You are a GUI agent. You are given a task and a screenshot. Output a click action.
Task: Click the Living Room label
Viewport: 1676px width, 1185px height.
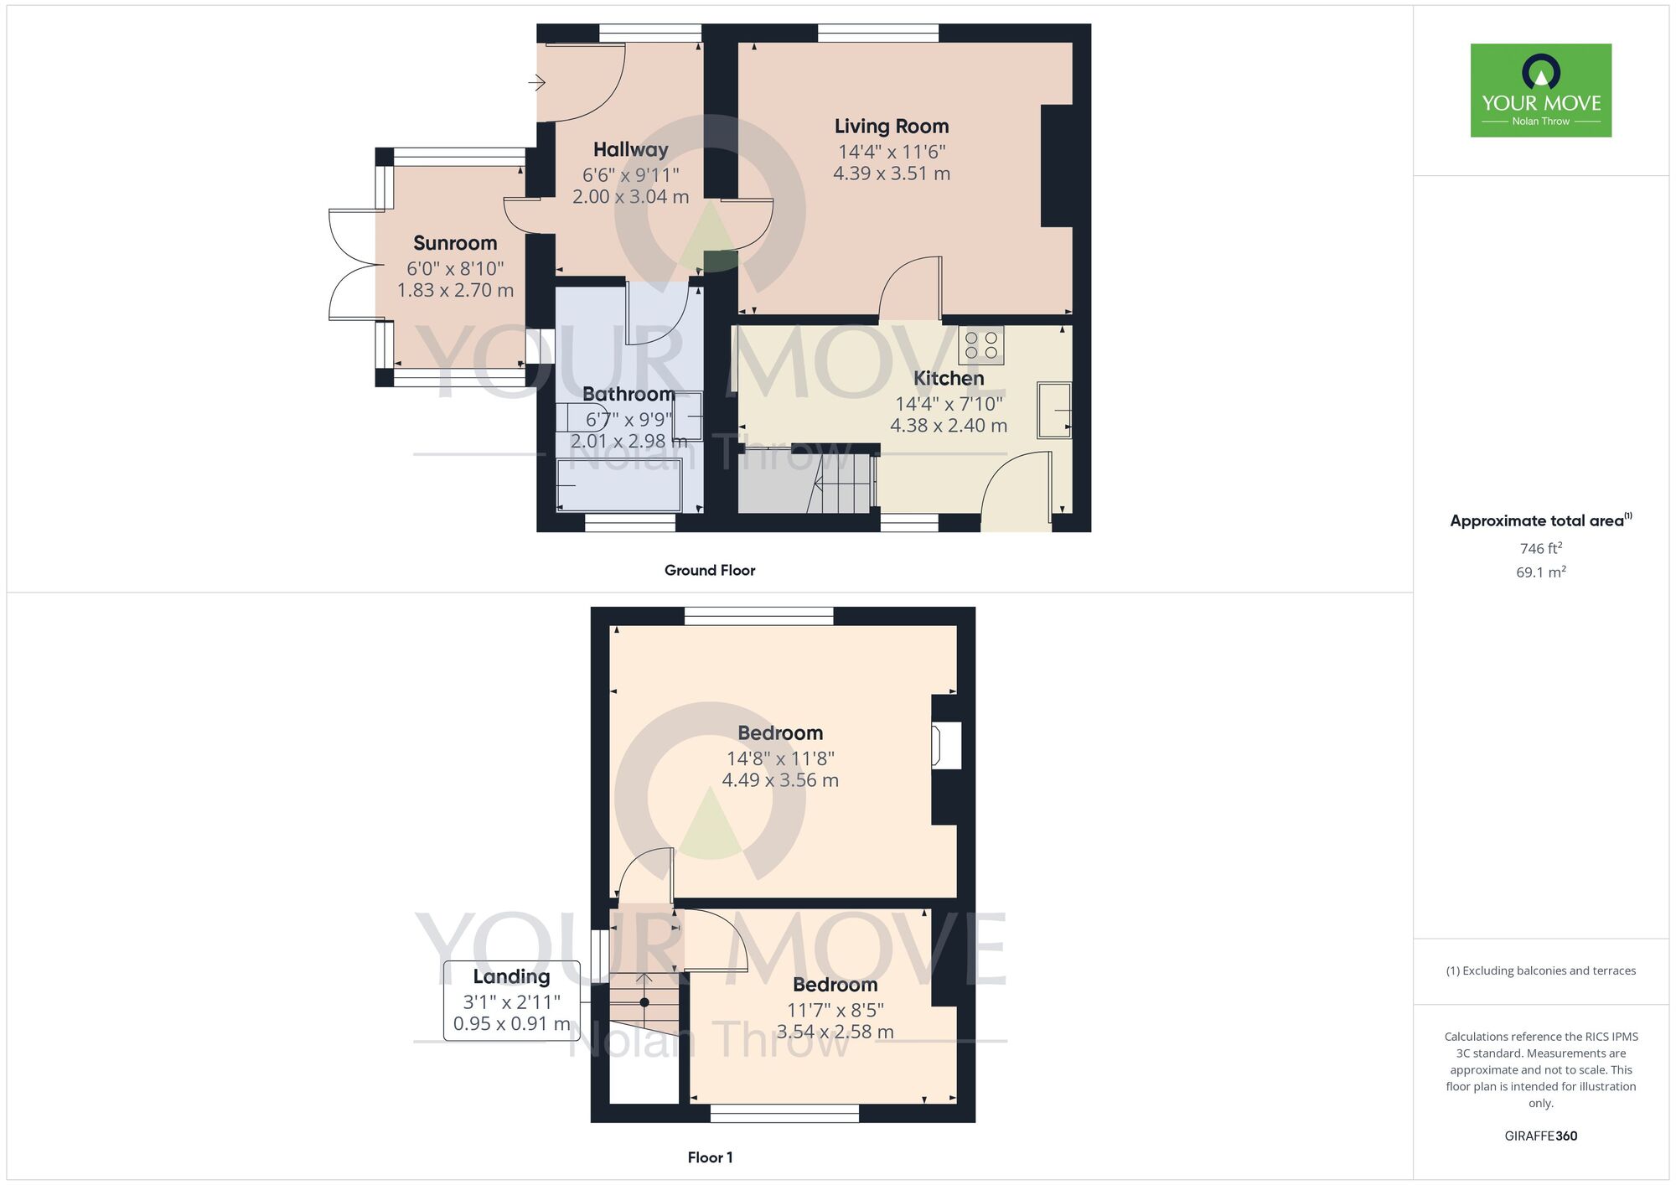click(891, 127)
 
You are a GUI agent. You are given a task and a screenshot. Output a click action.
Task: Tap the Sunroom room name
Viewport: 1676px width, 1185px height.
click(455, 243)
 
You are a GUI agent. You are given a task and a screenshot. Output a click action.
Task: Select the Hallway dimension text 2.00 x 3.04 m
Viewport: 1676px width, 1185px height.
click(630, 197)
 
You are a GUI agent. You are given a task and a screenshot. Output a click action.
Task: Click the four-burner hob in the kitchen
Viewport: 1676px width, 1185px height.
click(980, 345)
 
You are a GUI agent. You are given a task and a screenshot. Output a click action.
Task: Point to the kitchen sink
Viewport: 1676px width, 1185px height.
click(1054, 410)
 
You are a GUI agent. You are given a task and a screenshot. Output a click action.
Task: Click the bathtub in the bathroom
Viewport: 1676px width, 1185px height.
click(619, 486)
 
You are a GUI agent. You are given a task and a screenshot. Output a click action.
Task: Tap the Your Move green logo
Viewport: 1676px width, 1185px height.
click(1540, 91)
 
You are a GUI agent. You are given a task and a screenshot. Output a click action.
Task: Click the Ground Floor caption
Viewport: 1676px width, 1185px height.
click(710, 571)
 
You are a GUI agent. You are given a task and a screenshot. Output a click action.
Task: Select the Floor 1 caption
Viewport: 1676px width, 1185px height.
click(710, 1157)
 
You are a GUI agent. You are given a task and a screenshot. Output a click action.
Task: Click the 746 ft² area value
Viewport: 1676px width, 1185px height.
click(1540, 548)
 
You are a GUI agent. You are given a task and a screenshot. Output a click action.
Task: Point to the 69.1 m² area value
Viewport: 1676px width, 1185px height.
click(1540, 572)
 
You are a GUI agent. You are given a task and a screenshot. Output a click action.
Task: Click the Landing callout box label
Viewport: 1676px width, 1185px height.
click(511, 977)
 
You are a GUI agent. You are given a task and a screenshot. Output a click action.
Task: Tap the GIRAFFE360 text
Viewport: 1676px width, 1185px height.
click(1540, 1136)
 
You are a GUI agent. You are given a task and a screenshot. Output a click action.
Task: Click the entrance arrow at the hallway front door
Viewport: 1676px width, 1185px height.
click(537, 82)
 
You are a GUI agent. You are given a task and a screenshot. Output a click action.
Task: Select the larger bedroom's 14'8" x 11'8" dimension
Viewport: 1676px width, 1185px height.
click(779, 758)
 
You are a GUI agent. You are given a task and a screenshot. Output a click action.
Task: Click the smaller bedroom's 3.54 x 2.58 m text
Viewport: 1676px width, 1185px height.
click(835, 1032)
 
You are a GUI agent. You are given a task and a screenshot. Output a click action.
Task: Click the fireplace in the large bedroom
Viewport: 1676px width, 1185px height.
click(945, 745)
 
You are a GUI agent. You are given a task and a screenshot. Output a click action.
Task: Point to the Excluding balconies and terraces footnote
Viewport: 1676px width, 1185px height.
click(1540, 970)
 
